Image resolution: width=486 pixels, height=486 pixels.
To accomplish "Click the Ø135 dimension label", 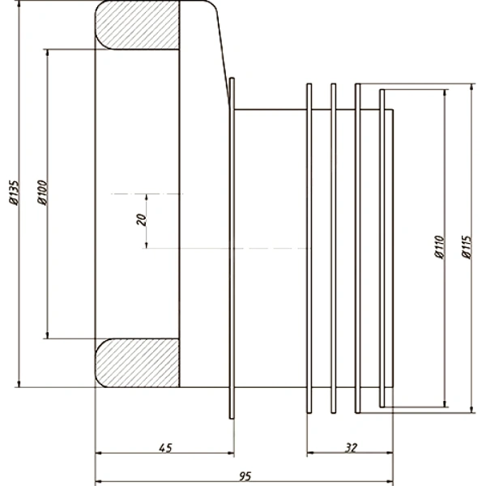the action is click(x=14, y=192).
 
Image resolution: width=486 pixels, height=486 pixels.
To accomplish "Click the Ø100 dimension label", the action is click(x=42, y=192).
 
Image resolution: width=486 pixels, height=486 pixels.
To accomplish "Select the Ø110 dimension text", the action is click(x=439, y=247).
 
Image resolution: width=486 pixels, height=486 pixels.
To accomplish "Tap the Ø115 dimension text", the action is click(x=467, y=247).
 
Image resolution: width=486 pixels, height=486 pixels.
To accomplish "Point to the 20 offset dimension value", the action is click(x=141, y=220).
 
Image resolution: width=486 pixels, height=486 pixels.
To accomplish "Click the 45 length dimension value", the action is click(x=165, y=448).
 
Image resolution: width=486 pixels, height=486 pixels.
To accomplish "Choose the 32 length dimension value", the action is click(x=351, y=447).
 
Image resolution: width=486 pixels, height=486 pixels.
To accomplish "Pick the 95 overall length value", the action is click(x=245, y=476).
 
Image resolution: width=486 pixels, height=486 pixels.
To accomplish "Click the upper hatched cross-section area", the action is click(x=138, y=25).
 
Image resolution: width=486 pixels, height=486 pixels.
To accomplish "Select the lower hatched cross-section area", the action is click(x=138, y=363).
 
